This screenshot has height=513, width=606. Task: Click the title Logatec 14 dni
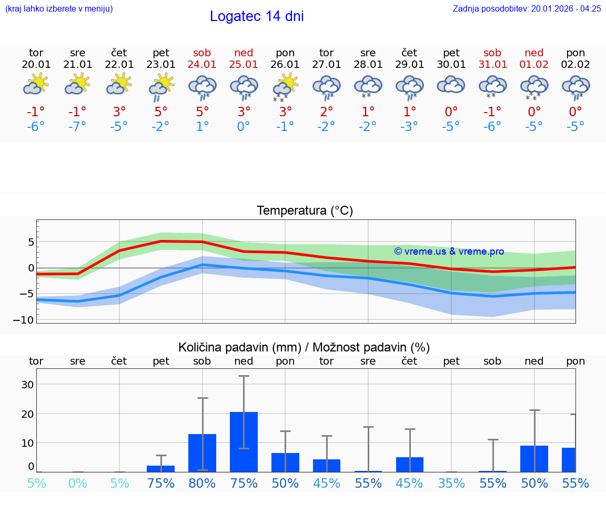click(257, 16)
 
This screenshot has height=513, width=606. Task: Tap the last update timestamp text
click(527, 8)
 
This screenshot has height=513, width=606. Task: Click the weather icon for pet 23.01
click(161, 86)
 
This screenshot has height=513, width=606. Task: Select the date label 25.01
click(244, 65)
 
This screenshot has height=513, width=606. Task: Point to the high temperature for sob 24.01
click(203, 112)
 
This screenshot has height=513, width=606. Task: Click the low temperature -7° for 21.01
click(77, 127)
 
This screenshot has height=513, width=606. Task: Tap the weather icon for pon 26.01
click(285, 86)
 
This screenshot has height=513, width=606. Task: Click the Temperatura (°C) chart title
click(305, 211)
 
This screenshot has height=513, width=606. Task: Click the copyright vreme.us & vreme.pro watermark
click(449, 252)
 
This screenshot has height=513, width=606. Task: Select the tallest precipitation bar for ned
click(244, 441)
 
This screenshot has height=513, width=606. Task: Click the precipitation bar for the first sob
click(203, 452)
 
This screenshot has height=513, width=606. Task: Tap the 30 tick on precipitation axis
click(27, 384)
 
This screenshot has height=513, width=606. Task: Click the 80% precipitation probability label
click(203, 483)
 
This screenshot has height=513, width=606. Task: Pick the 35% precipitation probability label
click(451, 483)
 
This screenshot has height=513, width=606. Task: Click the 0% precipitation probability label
click(77, 483)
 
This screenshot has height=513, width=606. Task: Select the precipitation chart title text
click(304, 347)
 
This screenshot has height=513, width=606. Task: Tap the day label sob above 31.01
click(492, 53)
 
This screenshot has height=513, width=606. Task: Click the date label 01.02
click(534, 65)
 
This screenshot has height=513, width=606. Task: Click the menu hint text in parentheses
click(58, 8)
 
